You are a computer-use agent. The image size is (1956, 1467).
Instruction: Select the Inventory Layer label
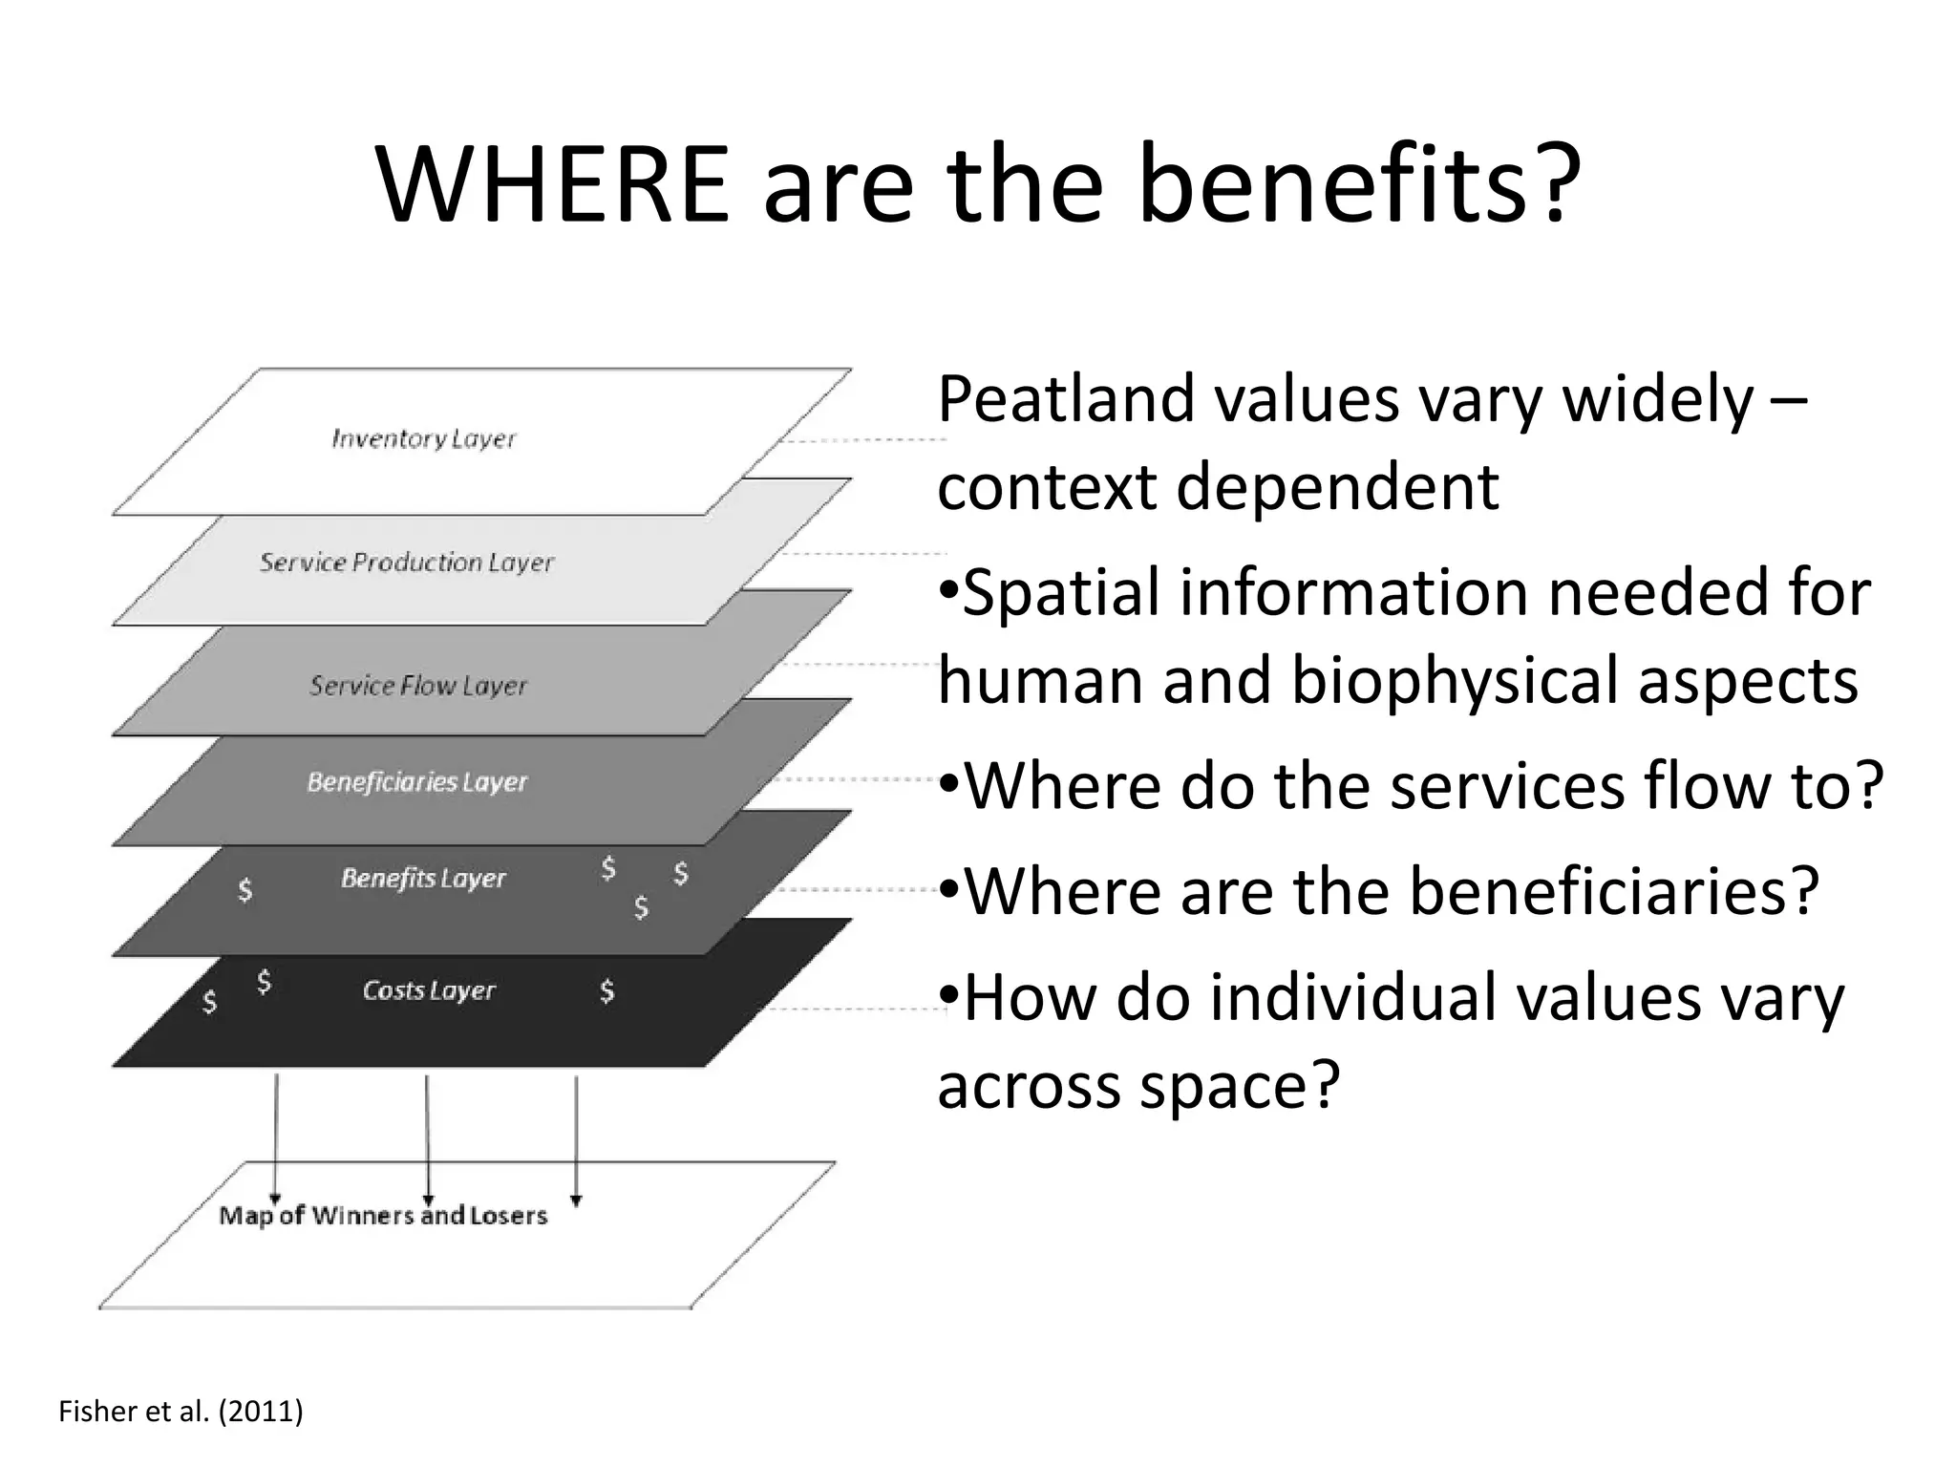tap(423, 439)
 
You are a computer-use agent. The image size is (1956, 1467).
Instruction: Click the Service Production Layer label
tap(406, 563)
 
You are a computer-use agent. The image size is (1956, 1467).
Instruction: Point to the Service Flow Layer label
tap(417, 686)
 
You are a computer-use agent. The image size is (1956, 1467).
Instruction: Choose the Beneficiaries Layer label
tap(416, 782)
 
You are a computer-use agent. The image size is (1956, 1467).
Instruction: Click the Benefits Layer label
tap(423, 879)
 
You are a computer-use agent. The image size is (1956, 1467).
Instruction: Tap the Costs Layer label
tap(429, 990)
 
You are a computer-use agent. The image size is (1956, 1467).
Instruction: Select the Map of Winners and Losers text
tap(383, 1216)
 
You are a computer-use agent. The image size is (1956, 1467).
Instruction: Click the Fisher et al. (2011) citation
tap(181, 1411)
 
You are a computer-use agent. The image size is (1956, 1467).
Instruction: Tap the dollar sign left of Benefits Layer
tap(245, 890)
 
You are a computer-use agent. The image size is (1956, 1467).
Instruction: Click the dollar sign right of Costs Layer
tap(606, 991)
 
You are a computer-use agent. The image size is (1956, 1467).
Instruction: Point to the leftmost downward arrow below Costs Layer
tap(276, 1137)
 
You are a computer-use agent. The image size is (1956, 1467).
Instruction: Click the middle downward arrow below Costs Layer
tap(427, 1137)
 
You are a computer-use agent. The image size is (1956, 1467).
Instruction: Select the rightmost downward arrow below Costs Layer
tap(576, 1137)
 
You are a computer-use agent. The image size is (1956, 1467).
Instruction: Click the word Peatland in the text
tap(1066, 399)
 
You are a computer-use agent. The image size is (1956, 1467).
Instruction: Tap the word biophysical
tap(1456, 680)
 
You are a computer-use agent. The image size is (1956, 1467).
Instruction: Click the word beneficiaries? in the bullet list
tap(1613, 890)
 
